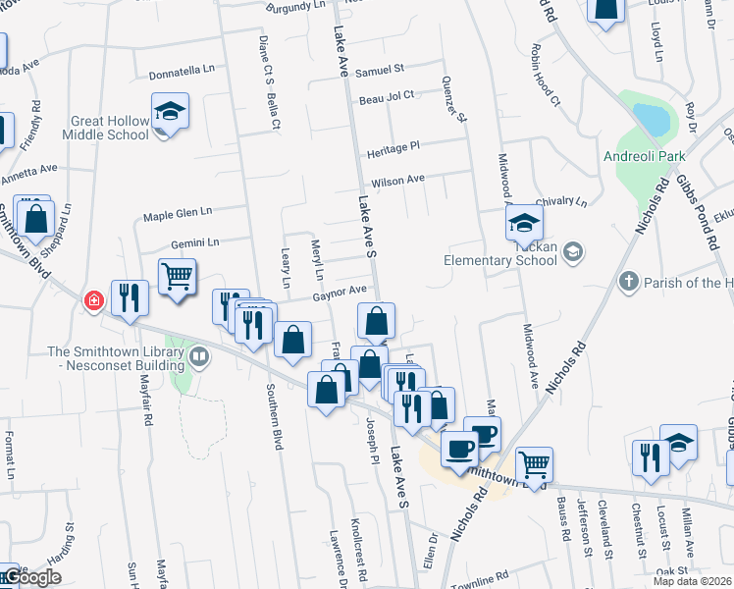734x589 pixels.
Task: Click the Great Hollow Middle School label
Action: pos(110,128)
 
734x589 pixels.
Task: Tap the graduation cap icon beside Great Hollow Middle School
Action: pos(170,111)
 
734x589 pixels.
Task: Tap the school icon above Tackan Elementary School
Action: pos(524,223)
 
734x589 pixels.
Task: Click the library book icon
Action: pos(199,355)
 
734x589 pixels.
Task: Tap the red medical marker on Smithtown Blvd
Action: pos(94,299)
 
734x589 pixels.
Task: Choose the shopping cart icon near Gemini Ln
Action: pos(177,277)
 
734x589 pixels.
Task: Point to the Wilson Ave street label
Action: pos(397,181)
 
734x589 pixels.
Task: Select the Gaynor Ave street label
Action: pos(340,291)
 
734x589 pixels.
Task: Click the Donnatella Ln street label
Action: pos(182,73)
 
